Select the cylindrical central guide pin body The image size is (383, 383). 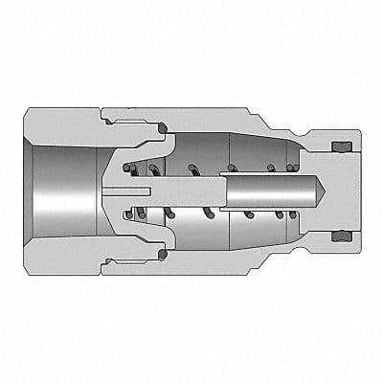pyautogui.click(x=259, y=191)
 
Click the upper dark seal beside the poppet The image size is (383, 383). pyautogui.click(x=160, y=126)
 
